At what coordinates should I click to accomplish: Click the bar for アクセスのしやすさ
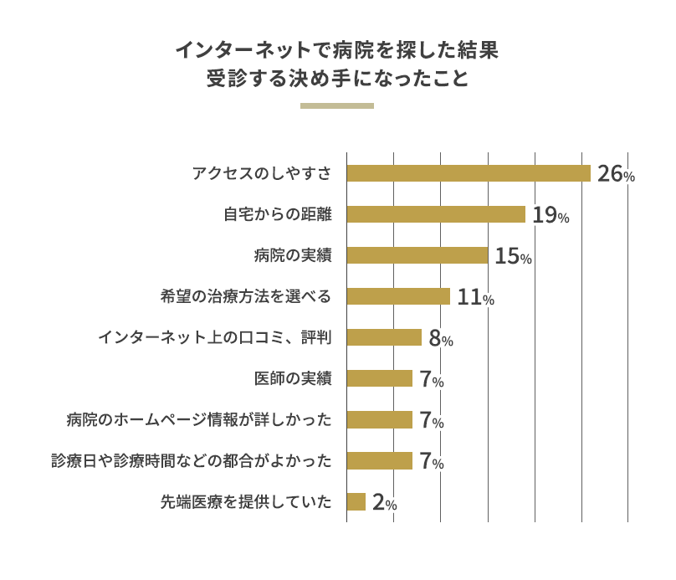click(469, 173)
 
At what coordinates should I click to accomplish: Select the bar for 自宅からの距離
click(436, 214)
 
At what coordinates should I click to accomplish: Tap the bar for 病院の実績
click(417, 255)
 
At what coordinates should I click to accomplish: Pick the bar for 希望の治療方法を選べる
click(398, 296)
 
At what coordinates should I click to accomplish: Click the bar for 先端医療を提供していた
click(356, 501)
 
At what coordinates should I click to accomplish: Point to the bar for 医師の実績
click(380, 378)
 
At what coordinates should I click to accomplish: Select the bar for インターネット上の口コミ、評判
click(384, 337)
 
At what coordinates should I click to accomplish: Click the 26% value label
click(616, 174)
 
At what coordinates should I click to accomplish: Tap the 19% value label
click(551, 215)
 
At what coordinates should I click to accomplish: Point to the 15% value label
click(513, 256)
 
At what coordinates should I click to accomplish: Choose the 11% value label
click(475, 297)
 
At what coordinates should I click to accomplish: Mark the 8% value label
click(440, 338)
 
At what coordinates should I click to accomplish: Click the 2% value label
click(384, 502)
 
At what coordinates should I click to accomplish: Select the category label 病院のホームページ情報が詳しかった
click(199, 419)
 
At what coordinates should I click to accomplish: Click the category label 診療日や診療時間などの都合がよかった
click(192, 460)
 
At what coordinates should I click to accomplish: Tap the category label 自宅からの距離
click(278, 214)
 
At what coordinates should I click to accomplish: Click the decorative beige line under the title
click(336, 106)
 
